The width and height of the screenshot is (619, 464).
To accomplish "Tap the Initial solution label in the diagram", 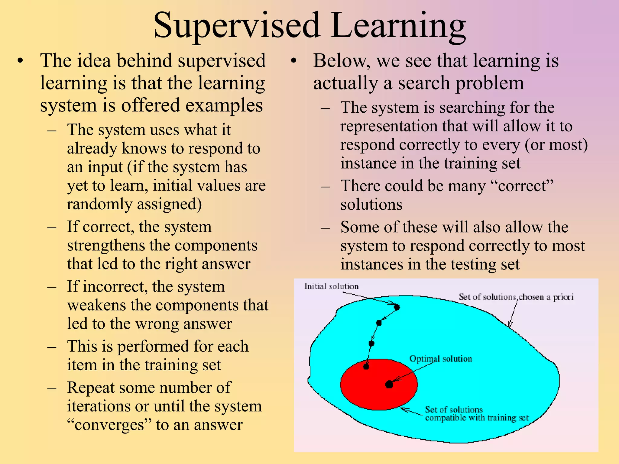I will coord(331,286).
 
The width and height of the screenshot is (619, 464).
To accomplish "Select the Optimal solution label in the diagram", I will coord(440,359).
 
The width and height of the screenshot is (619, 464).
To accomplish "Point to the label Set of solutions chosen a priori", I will coord(516,297).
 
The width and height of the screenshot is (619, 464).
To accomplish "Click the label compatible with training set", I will coord(477,418).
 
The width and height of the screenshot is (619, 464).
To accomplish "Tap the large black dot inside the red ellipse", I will coord(389,385).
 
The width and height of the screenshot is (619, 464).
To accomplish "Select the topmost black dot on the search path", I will coord(397,307).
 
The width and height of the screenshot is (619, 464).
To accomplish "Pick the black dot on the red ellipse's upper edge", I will coord(366,367).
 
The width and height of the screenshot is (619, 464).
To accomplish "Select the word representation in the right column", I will coord(389,126).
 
